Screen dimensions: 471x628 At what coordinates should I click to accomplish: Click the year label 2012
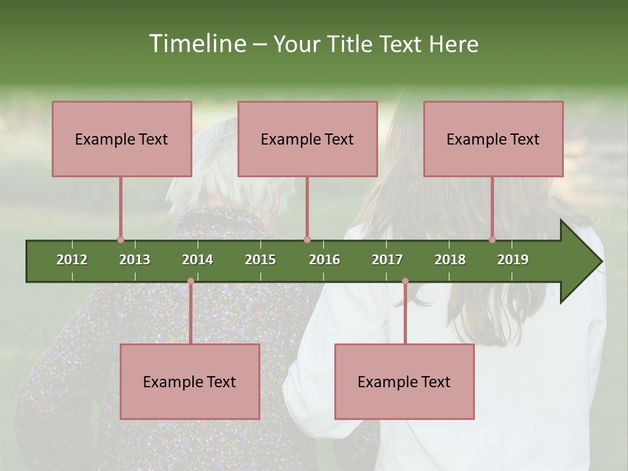coord(72,260)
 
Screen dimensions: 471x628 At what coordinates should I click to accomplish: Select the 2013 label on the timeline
coord(135,260)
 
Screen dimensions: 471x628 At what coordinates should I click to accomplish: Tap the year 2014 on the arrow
coord(198,260)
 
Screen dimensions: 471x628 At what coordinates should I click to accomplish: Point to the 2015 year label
coord(260,260)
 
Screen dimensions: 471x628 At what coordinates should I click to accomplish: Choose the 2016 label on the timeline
coord(324,260)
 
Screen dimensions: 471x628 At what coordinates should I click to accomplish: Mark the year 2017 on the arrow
coord(387,260)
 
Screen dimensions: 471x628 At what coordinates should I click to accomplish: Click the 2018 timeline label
coord(450,260)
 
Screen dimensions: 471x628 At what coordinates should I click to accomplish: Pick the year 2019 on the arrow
coord(513,260)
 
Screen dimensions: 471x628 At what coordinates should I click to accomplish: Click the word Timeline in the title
coord(196,44)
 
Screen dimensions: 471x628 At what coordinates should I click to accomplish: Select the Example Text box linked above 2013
coord(122,139)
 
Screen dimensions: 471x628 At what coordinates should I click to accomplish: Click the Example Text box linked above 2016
coord(307,139)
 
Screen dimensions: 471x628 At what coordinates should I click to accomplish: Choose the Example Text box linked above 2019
coord(493,139)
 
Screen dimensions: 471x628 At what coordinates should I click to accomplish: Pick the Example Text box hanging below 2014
coord(190,381)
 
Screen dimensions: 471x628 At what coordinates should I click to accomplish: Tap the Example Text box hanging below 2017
coord(404,381)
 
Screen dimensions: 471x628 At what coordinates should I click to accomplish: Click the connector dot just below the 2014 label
coord(190,281)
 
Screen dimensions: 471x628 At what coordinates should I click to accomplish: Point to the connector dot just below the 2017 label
coord(405,281)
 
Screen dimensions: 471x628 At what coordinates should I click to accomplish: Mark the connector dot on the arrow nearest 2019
coord(493,239)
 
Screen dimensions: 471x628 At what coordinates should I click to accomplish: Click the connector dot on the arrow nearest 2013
coord(120,239)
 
